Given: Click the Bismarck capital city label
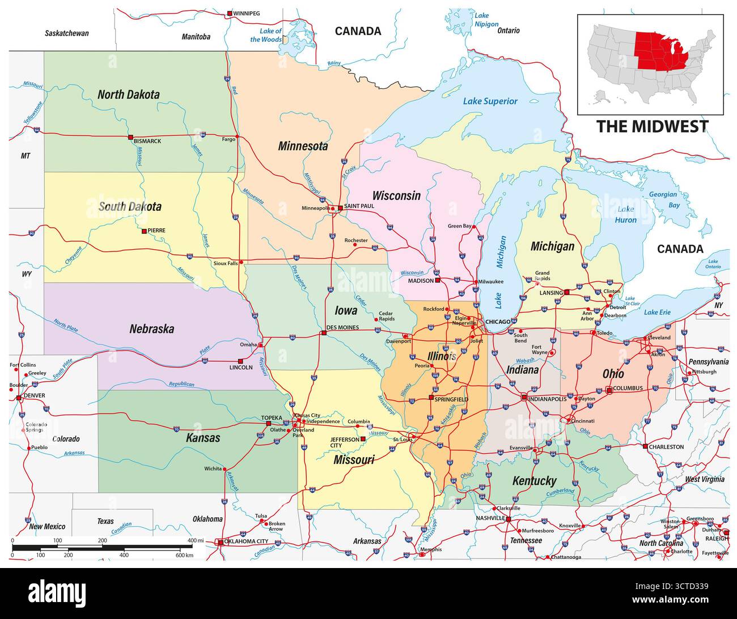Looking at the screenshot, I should [x=147, y=141].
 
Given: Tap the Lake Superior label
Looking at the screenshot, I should [x=490, y=101].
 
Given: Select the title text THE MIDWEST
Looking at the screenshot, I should [x=652, y=126].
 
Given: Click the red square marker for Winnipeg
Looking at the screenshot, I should [x=229, y=13].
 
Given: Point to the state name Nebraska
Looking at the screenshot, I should [x=151, y=329].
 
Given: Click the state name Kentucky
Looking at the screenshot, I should [x=534, y=481].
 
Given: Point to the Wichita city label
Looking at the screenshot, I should [x=213, y=469].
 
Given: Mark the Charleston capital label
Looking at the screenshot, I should [x=667, y=447].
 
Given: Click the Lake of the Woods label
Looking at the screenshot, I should [x=266, y=35].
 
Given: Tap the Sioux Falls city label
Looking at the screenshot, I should [x=225, y=263].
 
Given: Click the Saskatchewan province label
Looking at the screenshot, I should [x=67, y=33].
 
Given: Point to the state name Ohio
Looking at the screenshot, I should [x=613, y=374].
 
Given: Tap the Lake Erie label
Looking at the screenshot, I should [x=657, y=312].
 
